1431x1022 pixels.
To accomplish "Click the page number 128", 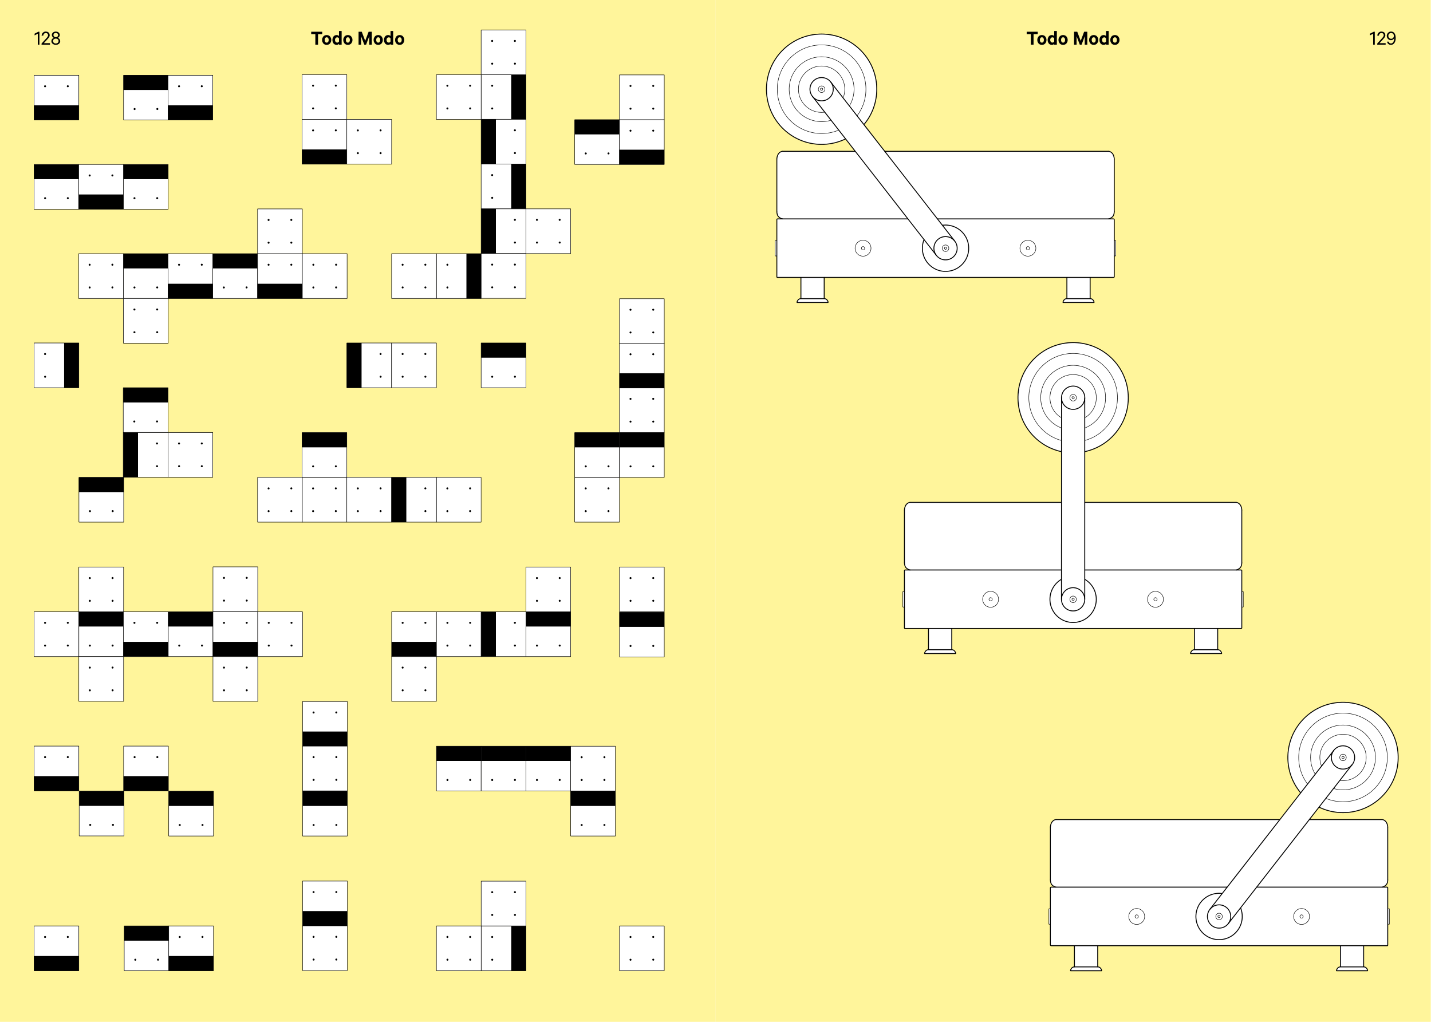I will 47,39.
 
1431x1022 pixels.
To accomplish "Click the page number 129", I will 1382,39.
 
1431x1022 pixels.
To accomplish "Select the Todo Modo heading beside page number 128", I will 357,39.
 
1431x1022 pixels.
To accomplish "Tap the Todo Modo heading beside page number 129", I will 1073,39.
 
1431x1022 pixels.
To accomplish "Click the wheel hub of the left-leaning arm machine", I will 821,89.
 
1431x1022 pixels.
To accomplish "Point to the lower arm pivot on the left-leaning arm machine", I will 945,248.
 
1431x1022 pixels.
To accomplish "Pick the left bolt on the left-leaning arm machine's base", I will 863,248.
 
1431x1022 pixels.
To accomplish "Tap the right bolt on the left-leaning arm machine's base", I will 1028,248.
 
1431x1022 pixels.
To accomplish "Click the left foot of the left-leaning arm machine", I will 813,290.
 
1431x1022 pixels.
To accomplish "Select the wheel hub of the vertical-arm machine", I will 1073,398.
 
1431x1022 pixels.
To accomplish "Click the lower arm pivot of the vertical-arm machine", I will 1073,599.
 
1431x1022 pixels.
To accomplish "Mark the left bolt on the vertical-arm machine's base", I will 991,599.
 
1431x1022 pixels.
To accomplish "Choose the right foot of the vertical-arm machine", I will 1206,641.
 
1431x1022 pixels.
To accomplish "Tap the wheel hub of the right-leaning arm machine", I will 1343,757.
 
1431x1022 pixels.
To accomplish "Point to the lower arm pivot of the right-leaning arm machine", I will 1219,916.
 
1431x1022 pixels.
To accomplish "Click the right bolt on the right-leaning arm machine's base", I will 1302,916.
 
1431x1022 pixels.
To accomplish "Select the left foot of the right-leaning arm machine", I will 1086,958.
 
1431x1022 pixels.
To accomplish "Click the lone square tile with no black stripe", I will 641,948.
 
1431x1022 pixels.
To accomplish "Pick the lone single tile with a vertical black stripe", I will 56,365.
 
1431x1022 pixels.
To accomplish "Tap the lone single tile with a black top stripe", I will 503,365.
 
